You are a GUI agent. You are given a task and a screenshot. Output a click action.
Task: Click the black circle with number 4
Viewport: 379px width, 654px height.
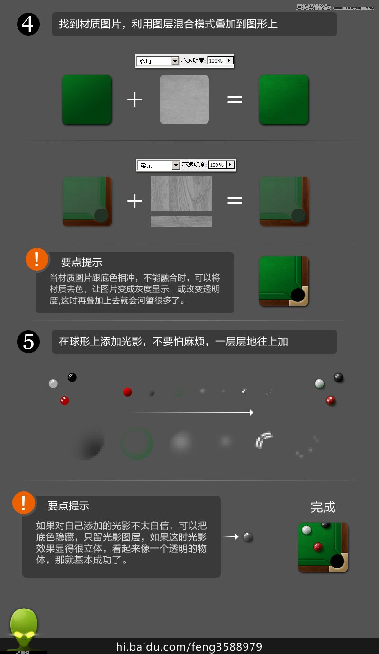(x=28, y=24)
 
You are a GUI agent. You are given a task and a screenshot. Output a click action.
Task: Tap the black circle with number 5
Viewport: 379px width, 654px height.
(x=28, y=342)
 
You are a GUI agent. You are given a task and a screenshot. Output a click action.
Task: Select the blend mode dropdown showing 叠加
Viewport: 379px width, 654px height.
(x=158, y=61)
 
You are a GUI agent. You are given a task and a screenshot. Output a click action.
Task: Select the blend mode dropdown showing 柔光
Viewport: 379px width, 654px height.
(x=159, y=165)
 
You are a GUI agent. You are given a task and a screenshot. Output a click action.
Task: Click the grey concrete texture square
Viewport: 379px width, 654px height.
(x=184, y=100)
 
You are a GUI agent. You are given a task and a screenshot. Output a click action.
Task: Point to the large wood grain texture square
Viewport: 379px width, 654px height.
(x=181, y=193)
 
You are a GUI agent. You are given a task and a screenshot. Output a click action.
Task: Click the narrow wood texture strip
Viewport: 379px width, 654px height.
(x=181, y=221)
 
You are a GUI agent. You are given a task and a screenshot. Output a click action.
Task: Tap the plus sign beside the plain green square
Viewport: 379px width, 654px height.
(x=135, y=100)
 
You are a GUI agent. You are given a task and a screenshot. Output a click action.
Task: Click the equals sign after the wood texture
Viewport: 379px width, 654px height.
(x=235, y=200)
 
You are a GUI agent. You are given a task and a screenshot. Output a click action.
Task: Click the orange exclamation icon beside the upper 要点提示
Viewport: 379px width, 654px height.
(x=37, y=259)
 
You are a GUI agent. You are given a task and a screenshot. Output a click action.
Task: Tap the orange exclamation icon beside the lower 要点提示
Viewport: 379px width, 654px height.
(x=24, y=503)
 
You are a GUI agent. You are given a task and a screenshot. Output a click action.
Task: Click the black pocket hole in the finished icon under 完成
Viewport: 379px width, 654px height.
(x=337, y=561)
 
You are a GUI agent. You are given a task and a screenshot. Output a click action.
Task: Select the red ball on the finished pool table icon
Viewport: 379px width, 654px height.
(x=317, y=546)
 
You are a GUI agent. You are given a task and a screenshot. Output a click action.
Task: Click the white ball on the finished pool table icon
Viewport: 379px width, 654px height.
(x=307, y=530)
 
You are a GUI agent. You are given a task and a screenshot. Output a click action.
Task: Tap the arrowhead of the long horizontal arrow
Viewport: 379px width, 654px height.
(x=251, y=413)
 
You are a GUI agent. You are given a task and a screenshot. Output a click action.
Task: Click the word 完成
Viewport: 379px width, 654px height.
(x=323, y=507)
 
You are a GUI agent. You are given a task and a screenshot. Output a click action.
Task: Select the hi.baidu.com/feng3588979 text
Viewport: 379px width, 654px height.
(x=189, y=647)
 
